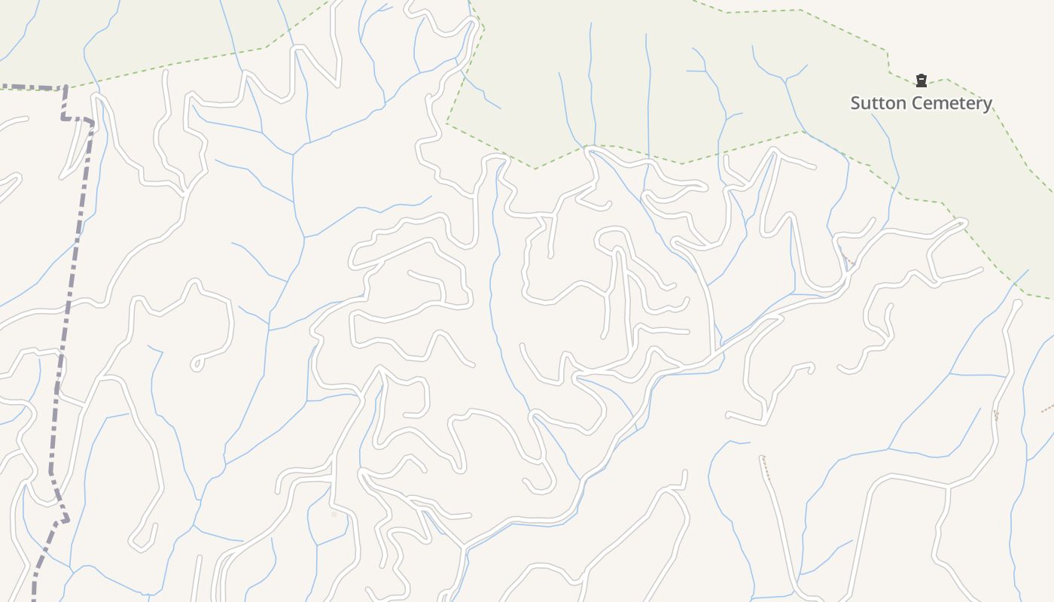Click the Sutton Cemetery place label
921,103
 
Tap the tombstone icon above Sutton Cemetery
921,81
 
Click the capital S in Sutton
856,103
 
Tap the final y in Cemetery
987,105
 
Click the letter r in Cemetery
978,104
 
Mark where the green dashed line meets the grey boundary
66,88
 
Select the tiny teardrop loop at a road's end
197,364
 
